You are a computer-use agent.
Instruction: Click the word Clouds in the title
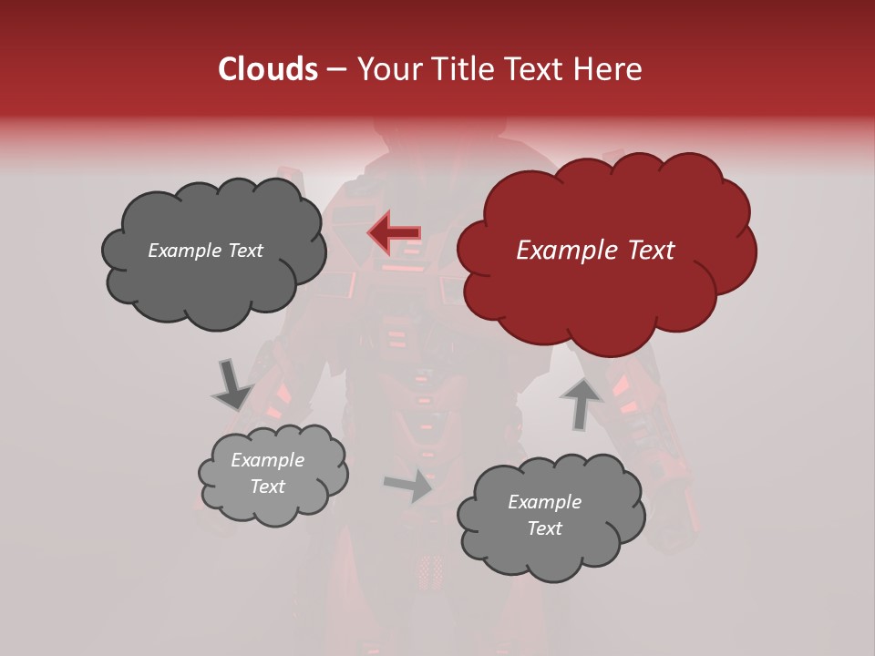(268, 69)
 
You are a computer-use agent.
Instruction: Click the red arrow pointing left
(395, 233)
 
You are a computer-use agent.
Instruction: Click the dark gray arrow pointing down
(231, 384)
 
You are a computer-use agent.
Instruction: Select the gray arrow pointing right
(409, 486)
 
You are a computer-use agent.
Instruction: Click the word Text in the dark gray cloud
(244, 251)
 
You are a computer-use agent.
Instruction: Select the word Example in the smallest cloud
(267, 460)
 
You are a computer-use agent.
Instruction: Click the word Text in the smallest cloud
(268, 487)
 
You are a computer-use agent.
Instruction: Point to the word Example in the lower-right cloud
(544, 502)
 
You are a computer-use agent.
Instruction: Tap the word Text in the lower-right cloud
(545, 528)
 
